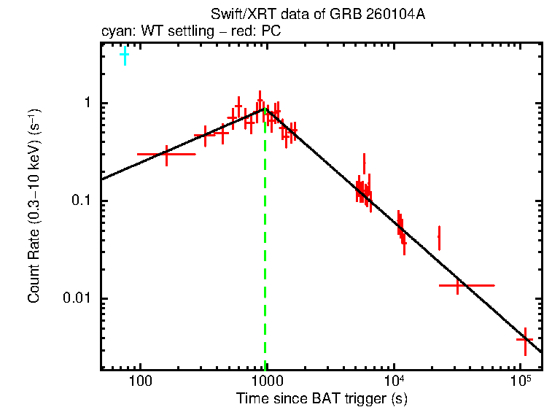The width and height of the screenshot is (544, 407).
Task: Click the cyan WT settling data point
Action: point(125,55)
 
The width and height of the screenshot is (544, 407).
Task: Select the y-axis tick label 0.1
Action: point(83,201)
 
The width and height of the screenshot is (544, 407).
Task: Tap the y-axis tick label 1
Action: point(90,104)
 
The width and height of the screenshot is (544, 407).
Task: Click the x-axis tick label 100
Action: point(140,381)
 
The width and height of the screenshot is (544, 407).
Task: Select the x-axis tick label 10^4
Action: point(395,380)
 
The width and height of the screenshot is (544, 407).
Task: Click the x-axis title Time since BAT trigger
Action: point(321,398)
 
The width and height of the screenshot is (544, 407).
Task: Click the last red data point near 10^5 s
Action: point(524,340)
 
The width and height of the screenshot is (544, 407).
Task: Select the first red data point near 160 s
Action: point(167,155)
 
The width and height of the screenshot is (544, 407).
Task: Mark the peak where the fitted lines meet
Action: point(265,109)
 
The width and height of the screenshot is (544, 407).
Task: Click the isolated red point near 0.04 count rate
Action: point(439,237)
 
